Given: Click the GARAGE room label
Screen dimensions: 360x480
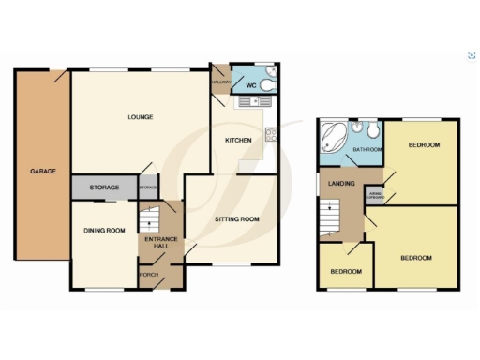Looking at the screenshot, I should (x=43, y=171).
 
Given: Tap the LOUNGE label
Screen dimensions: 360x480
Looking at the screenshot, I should (x=142, y=116).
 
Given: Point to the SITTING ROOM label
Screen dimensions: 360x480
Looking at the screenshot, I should (x=231, y=218).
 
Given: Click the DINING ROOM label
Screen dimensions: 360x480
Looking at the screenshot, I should (x=104, y=231).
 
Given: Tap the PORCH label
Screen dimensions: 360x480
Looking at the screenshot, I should (x=147, y=274).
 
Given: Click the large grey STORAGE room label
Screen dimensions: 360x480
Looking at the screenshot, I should (x=104, y=188).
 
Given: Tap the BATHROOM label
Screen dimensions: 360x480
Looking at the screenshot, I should (x=367, y=149).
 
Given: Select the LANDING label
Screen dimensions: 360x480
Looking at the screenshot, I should (x=342, y=183).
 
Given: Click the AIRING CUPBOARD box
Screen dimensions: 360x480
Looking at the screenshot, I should (x=373, y=196).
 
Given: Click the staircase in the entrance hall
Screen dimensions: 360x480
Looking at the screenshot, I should (x=148, y=219).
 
